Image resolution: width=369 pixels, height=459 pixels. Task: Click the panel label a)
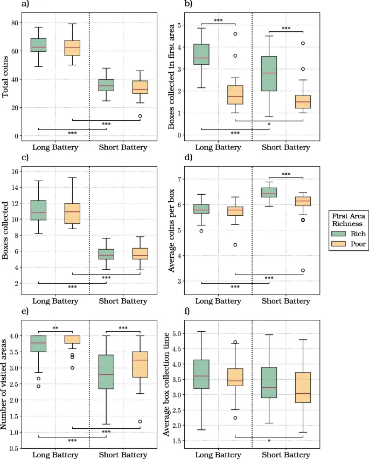[25, 4]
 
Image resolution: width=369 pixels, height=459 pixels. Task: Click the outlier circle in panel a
[140, 116]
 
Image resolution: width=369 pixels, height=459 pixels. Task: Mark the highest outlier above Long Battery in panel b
[235, 34]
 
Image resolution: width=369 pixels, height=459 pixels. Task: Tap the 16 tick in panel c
[13, 172]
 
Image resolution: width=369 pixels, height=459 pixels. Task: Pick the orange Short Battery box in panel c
[140, 254]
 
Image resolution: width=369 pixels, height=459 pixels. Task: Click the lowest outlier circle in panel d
[303, 270]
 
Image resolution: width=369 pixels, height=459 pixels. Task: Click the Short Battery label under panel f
[286, 455]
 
